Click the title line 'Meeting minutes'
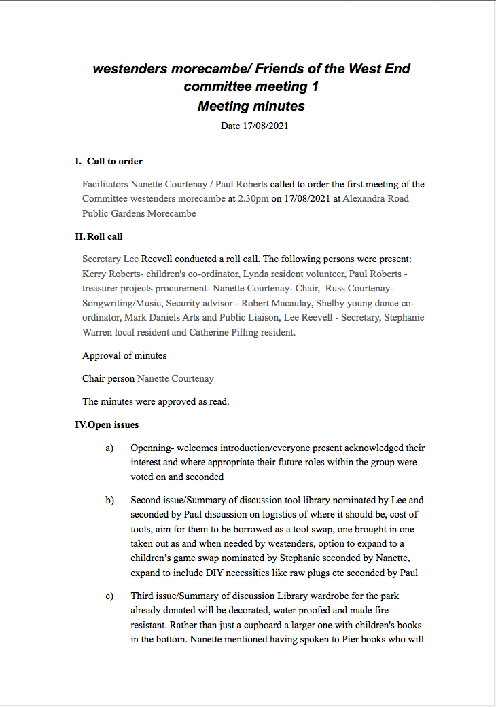(251, 106)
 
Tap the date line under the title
(250, 126)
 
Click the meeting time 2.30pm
(253, 199)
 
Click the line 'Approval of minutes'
(124, 355)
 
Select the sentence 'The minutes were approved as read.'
(156, 401)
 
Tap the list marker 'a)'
(109, 448)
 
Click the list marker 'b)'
(109, 501)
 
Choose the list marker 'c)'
(109, 596)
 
